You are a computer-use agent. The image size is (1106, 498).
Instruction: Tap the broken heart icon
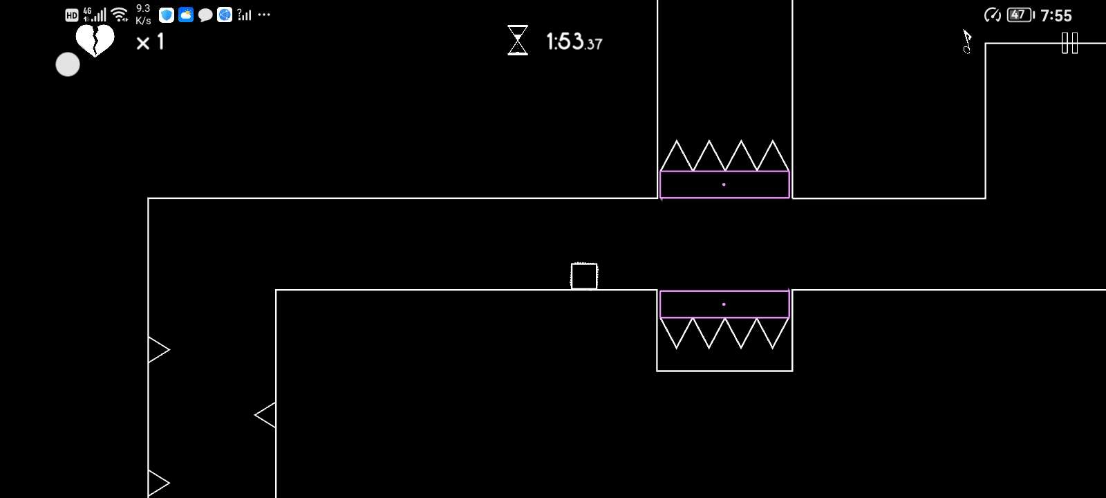point(95,40)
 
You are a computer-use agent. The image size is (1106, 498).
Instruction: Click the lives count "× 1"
point(150,42)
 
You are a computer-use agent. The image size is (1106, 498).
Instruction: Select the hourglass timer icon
point(518,40)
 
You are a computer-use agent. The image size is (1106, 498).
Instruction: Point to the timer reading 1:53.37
point(574,42)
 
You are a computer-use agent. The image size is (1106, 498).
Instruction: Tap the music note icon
point(967,41)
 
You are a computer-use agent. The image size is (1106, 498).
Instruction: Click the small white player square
point(584,276)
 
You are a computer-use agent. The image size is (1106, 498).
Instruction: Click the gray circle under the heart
point(68,65)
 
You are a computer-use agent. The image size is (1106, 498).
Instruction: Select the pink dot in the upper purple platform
point(724,185)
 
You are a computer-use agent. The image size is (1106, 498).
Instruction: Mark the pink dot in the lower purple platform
point(724,304)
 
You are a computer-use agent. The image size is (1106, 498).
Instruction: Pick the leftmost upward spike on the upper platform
point(677,156)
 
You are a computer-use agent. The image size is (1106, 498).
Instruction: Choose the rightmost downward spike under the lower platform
point(772,333)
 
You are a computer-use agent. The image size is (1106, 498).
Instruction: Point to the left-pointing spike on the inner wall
point(265,415)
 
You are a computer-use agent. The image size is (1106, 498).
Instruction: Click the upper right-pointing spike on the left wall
point(159,350)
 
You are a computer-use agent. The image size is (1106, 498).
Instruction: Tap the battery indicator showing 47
point(1020,15)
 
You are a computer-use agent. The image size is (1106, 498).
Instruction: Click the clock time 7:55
point(1056,16)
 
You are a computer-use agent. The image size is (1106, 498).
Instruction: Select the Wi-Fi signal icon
point(120,15)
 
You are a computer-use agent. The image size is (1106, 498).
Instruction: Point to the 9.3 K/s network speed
point(143,15)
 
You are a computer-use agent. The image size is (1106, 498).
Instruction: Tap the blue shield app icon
point(167,15)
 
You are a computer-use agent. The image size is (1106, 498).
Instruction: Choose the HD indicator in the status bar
point(72,15)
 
